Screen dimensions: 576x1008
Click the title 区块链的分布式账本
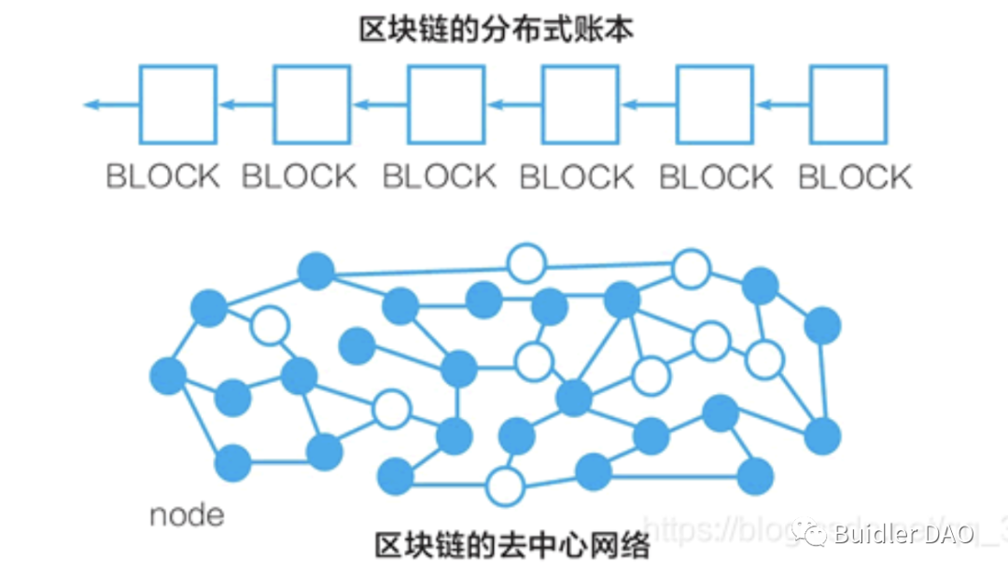point(497,30)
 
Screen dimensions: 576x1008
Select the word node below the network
point(187,514)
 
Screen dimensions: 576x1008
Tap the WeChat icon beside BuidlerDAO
point(809,534)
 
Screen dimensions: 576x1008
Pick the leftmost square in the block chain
point(177,104)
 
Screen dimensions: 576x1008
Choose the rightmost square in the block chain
point(847,104)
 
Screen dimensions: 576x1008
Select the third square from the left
point(446,104)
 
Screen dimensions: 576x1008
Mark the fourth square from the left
point(581,104)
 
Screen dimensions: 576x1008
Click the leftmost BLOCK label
point(162,176)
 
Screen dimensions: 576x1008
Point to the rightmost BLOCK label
point(855,176)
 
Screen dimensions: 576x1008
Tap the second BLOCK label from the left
point(299,176)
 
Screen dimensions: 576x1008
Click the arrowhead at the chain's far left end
point(91,104)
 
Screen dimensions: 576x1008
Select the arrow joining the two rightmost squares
point(781,104)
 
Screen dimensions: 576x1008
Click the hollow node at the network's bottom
point(505,485)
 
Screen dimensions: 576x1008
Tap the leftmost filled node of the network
point(168,375)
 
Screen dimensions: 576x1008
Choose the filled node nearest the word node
point(232,463)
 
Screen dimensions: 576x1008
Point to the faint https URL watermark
point(709,530)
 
